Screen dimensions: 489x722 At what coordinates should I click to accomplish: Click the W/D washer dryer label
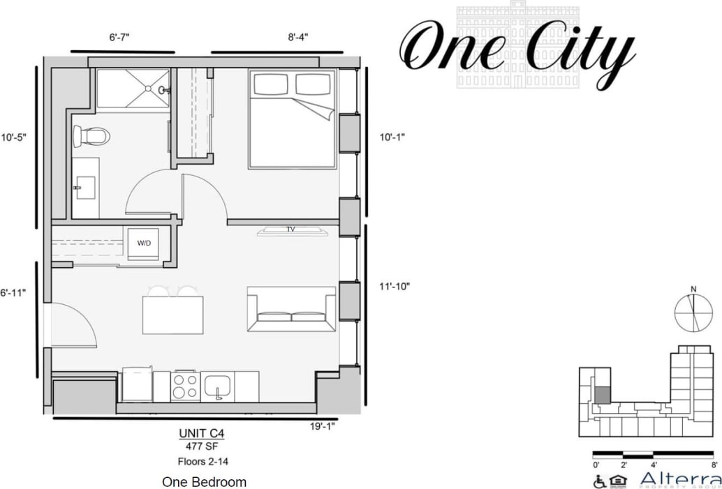coord(144,243)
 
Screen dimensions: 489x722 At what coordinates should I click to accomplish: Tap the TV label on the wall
coord(290,229)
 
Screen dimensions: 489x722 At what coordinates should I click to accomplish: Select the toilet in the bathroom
coord(91,136)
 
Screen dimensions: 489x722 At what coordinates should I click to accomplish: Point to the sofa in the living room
coord(291,309)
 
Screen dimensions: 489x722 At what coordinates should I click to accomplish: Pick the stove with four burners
coord(186,386)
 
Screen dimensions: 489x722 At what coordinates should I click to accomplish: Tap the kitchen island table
coord(172,315)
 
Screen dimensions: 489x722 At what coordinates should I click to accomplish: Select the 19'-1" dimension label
coord(323,426)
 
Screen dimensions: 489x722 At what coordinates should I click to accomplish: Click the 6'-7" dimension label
coord(122,38)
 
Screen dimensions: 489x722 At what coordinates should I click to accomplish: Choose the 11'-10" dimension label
coord(395,286)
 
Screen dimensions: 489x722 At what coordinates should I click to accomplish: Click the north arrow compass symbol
coord(693,311)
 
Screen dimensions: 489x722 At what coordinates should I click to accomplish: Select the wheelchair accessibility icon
coord(599,481)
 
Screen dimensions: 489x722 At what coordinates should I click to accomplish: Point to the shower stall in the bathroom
coord(133,89)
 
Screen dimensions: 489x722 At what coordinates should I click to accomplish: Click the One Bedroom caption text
coord(204,482)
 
